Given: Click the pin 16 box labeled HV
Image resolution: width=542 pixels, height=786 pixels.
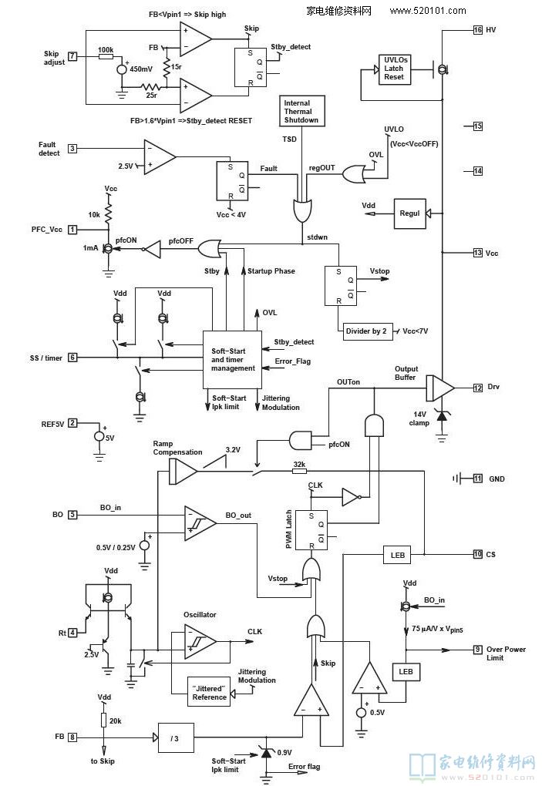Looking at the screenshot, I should coord(478,30).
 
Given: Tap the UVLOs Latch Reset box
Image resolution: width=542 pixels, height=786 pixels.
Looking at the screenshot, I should coord(394,69).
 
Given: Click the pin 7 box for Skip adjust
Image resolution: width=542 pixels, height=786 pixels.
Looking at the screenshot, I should coord(72,56).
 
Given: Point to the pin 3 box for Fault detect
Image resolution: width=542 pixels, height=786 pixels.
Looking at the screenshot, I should coord(72,149).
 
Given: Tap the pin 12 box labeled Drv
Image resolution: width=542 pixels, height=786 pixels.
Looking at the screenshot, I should coord(478,388).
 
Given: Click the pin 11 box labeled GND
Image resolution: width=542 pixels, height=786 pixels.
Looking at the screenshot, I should coord(478,479).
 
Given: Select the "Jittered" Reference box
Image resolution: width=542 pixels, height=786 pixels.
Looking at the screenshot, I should coord(210,692).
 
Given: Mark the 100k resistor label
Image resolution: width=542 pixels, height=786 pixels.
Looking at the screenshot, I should coord(106,49).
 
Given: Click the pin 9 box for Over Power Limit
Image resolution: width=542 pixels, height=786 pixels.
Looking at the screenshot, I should coord(478,650).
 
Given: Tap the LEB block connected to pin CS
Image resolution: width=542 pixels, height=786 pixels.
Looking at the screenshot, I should coord(399,555).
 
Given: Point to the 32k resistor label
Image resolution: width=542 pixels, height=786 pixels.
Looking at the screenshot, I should coord(299,465).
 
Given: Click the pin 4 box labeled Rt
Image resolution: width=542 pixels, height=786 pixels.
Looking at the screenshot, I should coord(72,633).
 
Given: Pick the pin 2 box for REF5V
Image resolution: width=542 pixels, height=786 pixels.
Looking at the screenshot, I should coord(72,423).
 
